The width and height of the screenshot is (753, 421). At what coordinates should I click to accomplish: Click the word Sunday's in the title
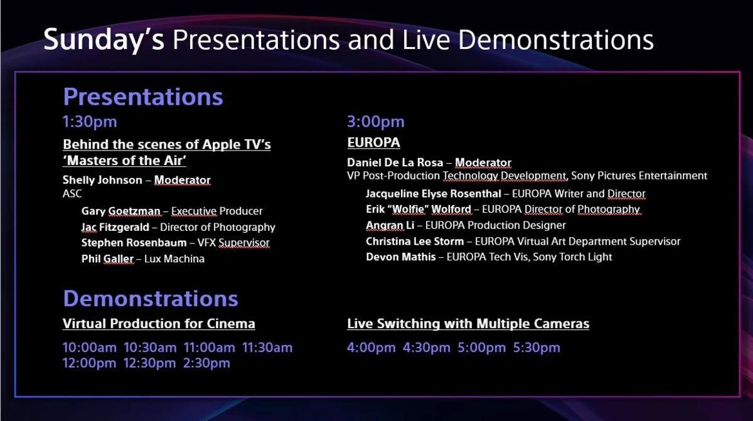pos(104,40)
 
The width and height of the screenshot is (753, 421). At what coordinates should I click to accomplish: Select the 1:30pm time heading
pos(90,122)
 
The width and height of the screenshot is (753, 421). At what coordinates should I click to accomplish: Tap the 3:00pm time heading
pos(376,122)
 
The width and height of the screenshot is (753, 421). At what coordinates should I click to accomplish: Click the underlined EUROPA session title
pos(373,142)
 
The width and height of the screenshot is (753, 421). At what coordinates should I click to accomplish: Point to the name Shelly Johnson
pos(102,180)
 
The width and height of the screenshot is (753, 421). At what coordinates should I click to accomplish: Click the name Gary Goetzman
pos(121,211)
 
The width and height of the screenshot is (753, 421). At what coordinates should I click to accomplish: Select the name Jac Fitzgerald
pos(115,227)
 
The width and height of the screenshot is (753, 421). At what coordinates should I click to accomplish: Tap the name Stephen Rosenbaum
pos(134,243)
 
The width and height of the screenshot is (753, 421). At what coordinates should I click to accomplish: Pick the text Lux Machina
pos(174,258)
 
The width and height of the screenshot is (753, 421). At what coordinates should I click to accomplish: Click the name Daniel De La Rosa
pos(395,163)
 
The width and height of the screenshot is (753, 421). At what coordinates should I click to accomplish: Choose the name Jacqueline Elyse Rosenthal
pos(434,194)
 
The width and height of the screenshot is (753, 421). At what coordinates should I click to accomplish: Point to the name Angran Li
pos(390,225)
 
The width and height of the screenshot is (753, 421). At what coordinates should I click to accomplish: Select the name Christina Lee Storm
pos(415,241)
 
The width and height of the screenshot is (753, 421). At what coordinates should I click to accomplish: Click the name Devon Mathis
pos(401,257)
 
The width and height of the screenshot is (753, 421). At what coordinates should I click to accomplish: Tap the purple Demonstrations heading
pos(151,299)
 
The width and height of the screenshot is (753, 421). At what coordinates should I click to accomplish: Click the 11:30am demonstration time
pos(267,348)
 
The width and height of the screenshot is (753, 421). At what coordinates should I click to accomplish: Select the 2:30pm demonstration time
pos(206,363)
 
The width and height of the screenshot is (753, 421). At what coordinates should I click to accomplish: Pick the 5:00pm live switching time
pos(482,348)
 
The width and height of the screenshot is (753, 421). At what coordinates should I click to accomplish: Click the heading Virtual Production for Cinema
pos(159,324)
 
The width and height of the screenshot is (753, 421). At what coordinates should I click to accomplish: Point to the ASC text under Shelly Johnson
pos(72,194)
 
